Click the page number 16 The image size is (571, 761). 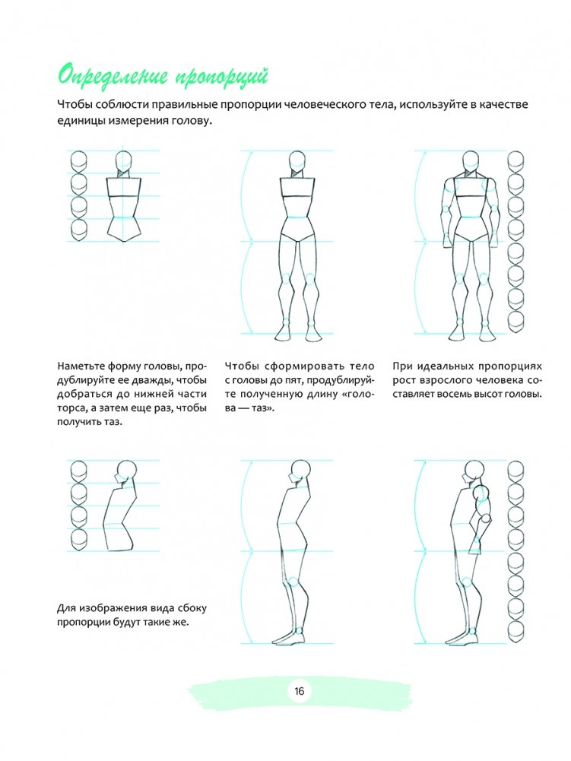297,690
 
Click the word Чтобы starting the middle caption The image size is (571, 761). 245,365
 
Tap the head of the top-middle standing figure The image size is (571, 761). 297,161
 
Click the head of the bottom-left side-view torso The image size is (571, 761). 126,469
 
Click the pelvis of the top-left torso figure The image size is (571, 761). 124,229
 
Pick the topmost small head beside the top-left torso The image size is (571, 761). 78,162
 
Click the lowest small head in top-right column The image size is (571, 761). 516,323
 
